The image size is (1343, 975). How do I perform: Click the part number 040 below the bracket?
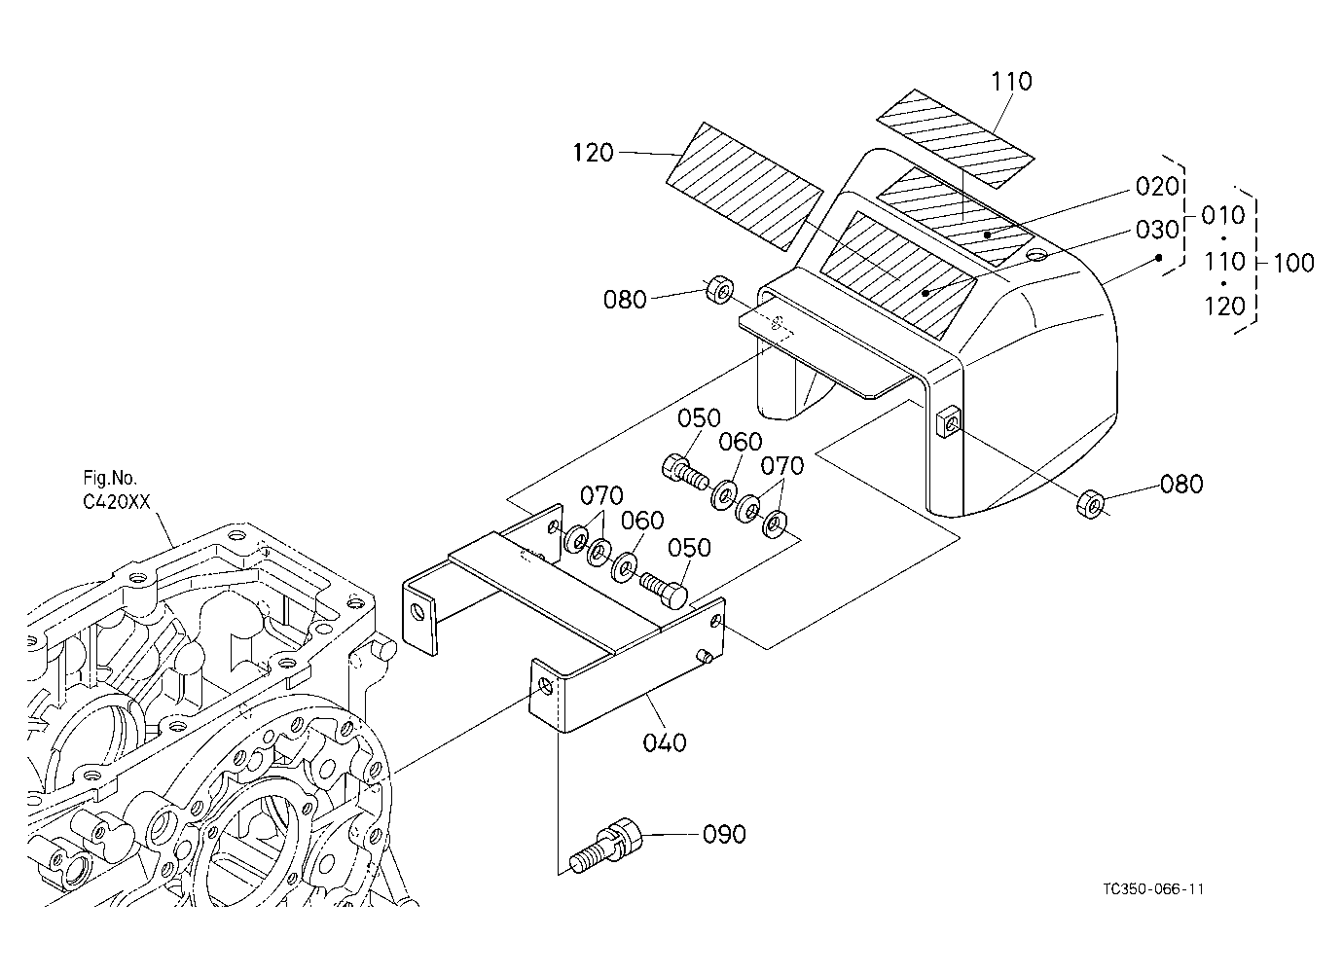665,743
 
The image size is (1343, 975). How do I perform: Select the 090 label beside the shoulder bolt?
724,835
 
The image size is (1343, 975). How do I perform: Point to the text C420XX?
117,502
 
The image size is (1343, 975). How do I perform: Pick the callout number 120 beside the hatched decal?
594,153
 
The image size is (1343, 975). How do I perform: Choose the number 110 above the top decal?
1011,82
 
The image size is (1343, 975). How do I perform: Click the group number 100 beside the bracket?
1293,263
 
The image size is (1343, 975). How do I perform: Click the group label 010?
1223,215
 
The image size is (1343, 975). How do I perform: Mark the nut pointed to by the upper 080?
719,290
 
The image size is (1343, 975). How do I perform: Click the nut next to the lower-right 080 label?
1092,504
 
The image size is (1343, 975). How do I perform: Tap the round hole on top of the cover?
1036,256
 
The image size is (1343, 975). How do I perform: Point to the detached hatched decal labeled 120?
745,187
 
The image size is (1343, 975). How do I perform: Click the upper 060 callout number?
741,443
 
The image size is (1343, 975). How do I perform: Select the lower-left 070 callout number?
602,496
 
